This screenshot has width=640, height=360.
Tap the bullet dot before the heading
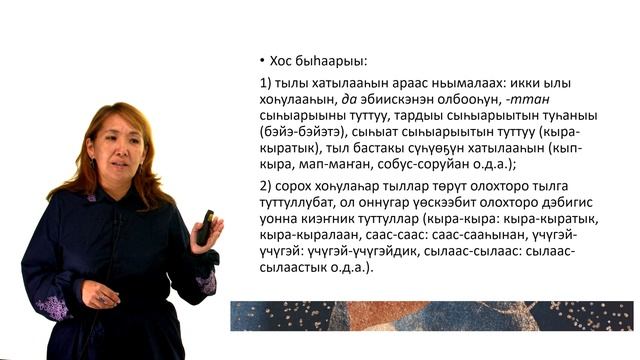(x=261, y=59)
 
